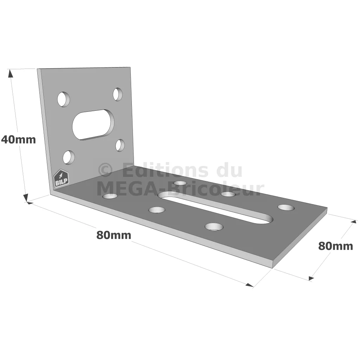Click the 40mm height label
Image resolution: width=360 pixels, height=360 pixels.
[18, 140]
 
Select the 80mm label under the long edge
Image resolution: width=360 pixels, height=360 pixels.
[114, 235]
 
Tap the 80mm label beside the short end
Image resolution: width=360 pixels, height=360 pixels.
[335, 246]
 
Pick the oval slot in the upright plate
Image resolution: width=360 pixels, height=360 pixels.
[93, 124]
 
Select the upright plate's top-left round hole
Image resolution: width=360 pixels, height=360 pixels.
[63, 99]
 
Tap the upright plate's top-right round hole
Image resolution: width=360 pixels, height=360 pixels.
[117, 94]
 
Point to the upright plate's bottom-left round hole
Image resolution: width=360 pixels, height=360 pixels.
[69, 157]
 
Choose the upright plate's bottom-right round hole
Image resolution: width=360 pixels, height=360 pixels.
[120, 145]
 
